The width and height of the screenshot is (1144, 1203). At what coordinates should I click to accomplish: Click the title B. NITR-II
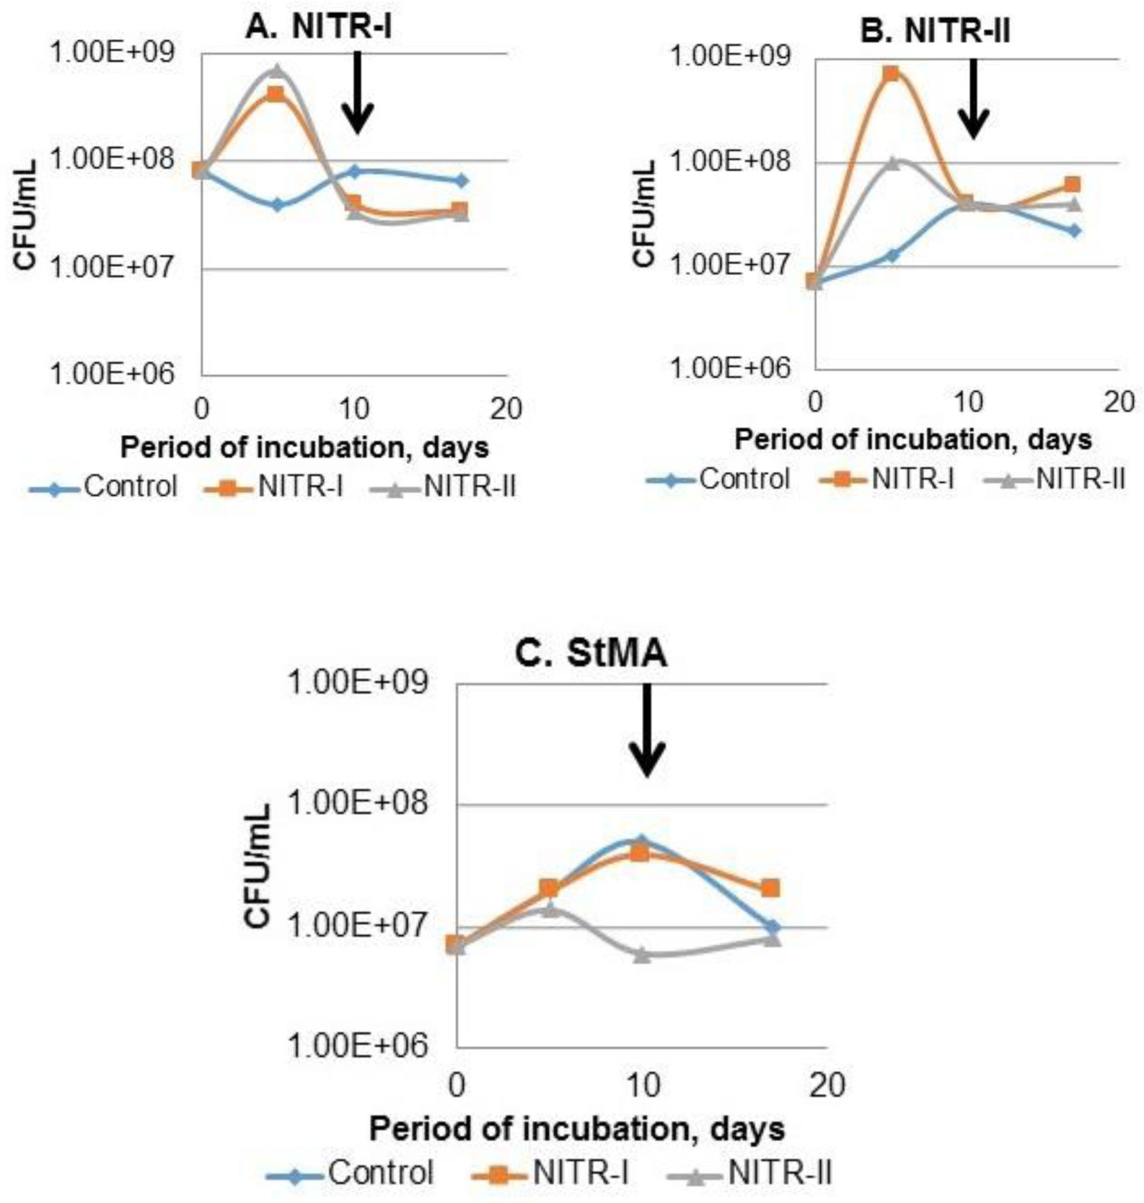click(x=935, y=31)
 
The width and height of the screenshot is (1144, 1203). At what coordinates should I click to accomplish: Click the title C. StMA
click(x=591, y=654)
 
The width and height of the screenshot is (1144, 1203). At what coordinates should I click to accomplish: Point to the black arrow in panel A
click(x=357, y=94)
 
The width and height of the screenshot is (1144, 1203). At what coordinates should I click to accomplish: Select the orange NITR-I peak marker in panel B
click(x=892, y=74)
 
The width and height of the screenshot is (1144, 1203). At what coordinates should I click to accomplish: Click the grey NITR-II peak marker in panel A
click(x=277, y=71)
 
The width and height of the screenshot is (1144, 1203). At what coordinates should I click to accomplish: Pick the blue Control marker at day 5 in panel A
click(x=278, y=205)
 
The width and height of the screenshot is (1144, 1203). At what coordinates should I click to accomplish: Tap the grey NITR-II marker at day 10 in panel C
click(x=642, y=954)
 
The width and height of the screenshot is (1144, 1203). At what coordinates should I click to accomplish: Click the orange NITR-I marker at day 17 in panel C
click(x=770, y=888)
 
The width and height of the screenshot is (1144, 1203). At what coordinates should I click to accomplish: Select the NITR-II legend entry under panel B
click(x=1055, y=478)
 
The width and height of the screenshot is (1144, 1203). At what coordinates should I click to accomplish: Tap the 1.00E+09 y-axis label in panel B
click(x=731, y=57)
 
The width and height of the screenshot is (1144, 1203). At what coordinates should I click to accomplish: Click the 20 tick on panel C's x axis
click(x=827, y=1085)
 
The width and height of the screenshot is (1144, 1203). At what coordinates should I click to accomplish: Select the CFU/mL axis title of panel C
click(x=258, y=866)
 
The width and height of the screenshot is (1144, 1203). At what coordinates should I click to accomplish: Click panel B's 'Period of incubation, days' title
click(x=913, y=439)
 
